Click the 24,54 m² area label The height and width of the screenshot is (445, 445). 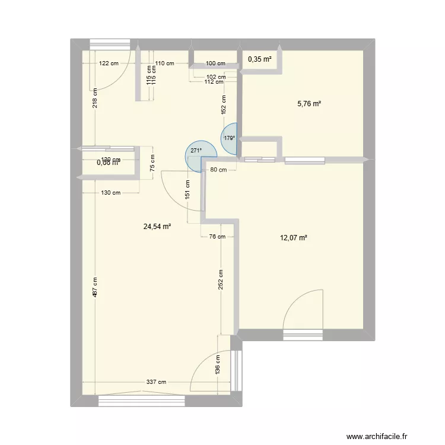[157, 226]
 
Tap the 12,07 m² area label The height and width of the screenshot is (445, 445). [294, 238]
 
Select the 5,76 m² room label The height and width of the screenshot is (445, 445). [309, 104]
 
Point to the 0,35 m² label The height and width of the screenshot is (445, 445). [260, 59]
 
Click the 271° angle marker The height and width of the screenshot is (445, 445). [196, 151]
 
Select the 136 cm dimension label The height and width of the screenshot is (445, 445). [218, 364]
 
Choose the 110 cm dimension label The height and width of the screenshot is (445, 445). [164, 63]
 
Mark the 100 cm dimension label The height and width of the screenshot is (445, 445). [215, 63]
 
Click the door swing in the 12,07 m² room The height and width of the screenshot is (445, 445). [304, 311]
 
